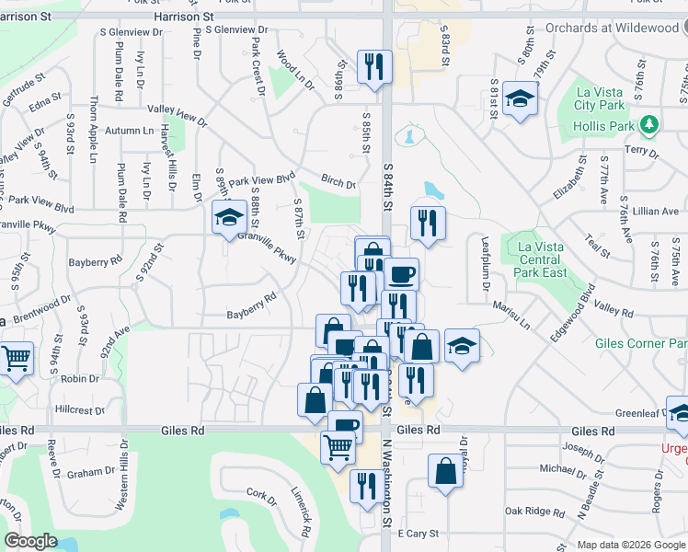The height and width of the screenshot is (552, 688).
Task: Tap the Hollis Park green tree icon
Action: tap(650, 123)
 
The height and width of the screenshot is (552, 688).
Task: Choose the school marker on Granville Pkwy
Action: tap(227, 217)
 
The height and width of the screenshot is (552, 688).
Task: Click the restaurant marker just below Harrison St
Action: tap(373, 66)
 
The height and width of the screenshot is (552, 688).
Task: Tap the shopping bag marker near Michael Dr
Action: tap(445, 470)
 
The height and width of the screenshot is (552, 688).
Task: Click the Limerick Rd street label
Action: tap(299, 512)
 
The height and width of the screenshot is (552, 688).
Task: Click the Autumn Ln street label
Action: tap(129, 132)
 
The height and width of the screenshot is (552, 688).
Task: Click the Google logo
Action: tap(30, 541)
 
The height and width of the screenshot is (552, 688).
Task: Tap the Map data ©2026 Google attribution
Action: tap(630, 545)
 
